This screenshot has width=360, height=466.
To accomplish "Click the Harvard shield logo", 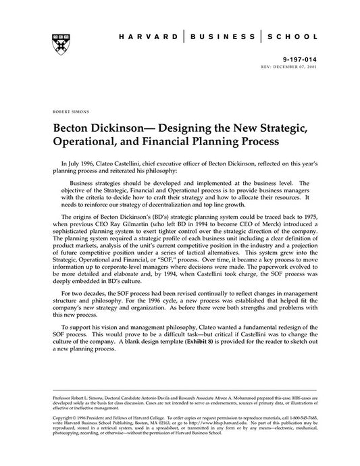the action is click(x=53, y=43).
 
